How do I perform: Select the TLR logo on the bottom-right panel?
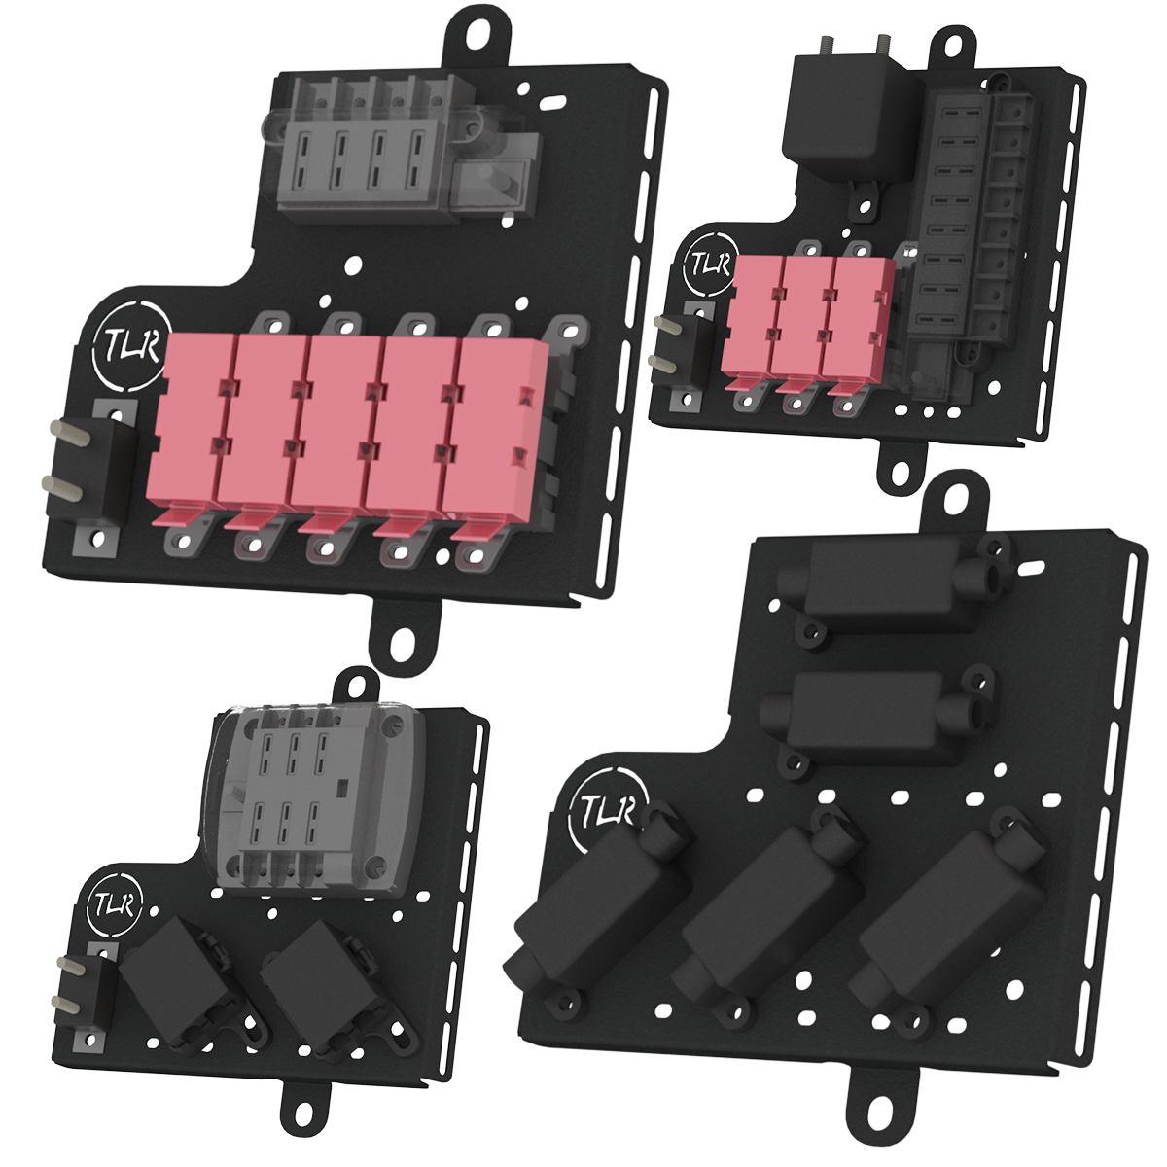(x=608, y=810)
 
